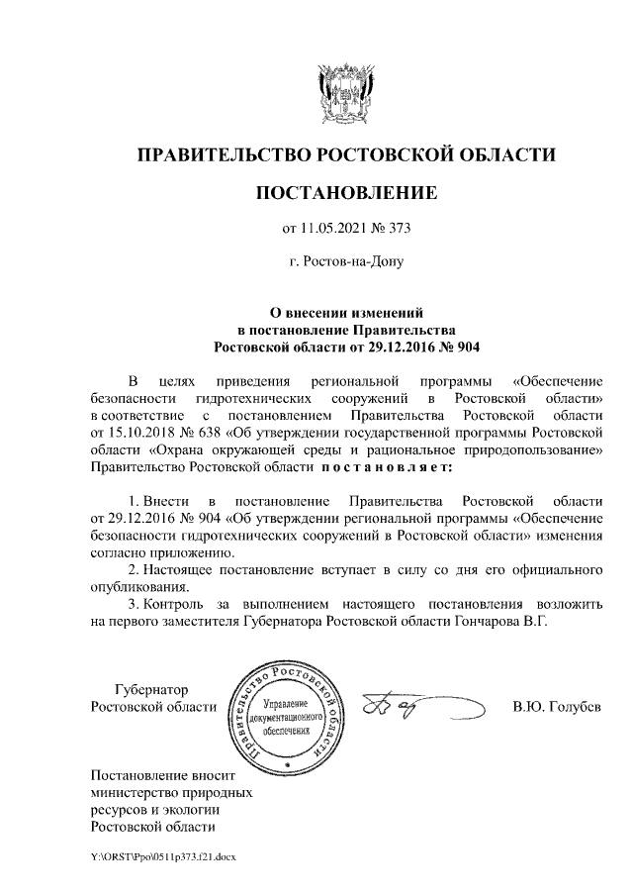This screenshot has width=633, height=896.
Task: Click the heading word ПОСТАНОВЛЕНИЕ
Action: [x=345, y=192]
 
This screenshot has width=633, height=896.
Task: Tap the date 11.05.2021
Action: [x=334, y=229]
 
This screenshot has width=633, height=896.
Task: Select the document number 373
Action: [x=397, y=229]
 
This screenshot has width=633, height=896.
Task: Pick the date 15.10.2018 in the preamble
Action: [x=143, y=433]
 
